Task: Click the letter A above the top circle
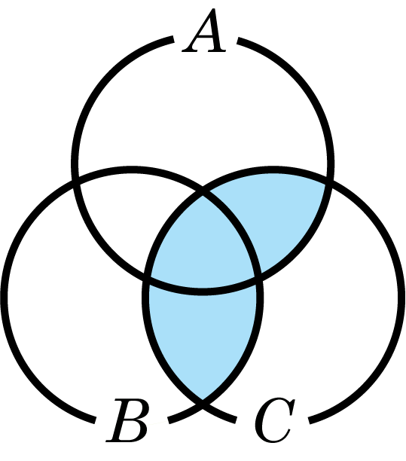[x=204, y=31]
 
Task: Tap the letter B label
[x=127, y=420]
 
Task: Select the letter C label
[x=275, y=420]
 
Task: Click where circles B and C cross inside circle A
[x=203, y=194]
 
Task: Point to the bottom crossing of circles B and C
[x=203, y=405]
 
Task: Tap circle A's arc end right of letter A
[x=238, y=41]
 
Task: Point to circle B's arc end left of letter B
[x=95, y=420]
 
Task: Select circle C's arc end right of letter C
[x=310, y=420]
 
